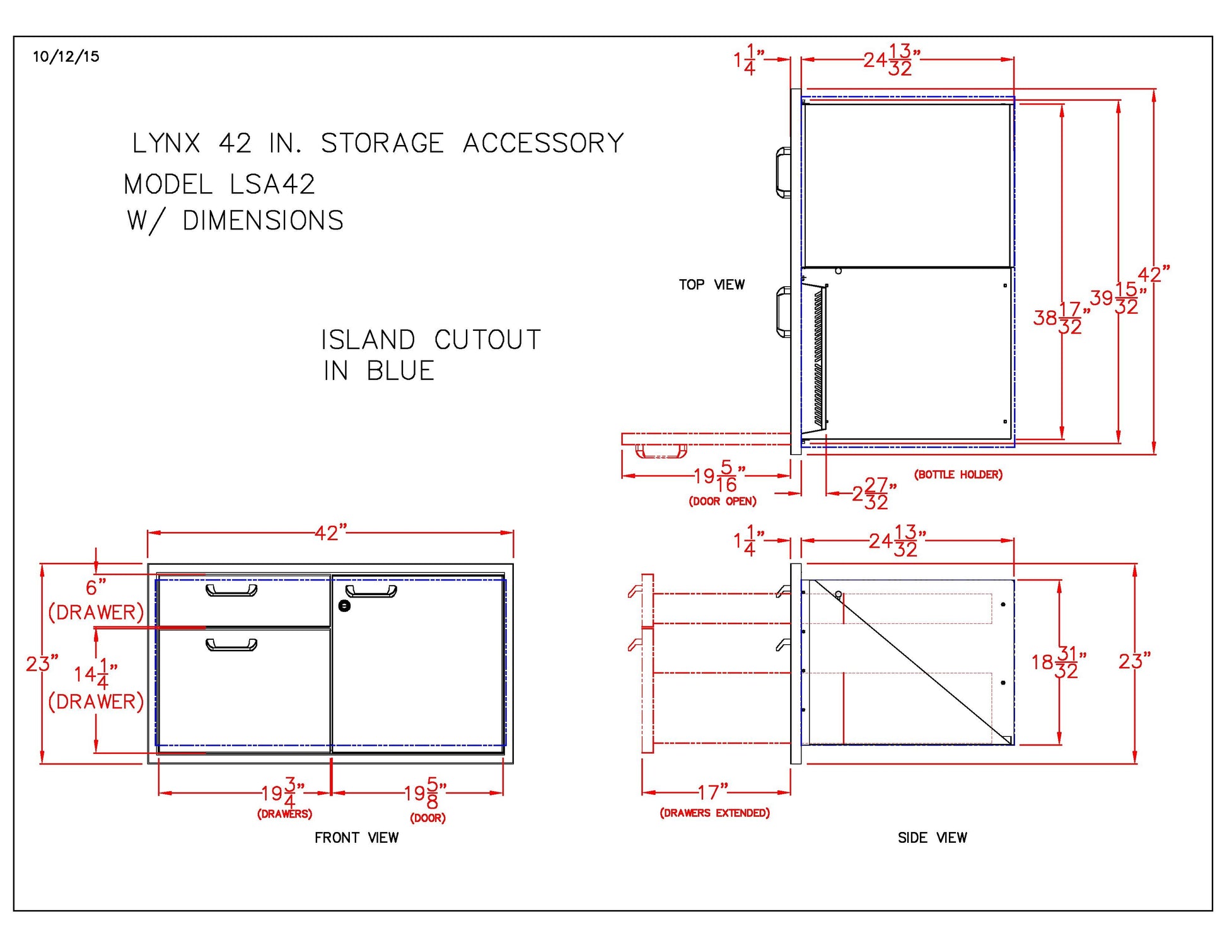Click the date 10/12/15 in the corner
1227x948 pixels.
tap(66, 57)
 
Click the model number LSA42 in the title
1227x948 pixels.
tap(272, 185)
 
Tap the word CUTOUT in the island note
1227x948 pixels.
tap(487, 340)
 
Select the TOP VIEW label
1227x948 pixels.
tap(711, 285)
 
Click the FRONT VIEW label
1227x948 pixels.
tap(356, 838)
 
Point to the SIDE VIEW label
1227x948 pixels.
tap(932, 838)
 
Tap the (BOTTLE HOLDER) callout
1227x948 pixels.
tap(958, 475)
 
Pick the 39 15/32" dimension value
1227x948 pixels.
tap(1117, 298)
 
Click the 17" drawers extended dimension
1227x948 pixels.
tap(712, 792)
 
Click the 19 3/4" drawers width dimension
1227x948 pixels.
tap(283, 793)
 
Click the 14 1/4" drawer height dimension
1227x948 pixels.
tap(95, 674)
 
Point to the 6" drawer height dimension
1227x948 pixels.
tap(96, 587)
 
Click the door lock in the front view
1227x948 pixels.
tap(344, 606)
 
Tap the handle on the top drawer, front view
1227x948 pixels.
tap(231, 591)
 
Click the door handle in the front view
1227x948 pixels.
tap(371, 591)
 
